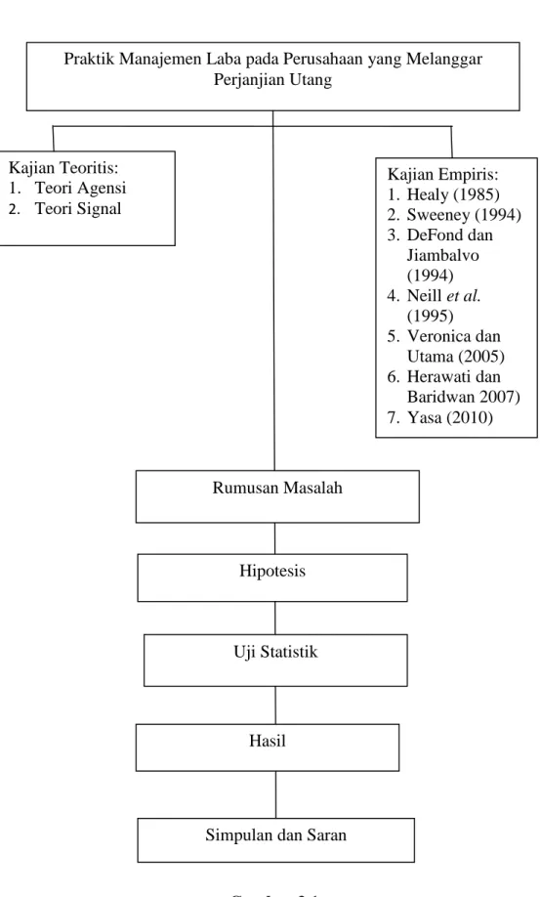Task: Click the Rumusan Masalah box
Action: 277,496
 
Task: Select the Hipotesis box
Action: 272,577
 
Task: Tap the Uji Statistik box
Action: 275,661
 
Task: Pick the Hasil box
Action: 268,747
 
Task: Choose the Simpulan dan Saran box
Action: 276,839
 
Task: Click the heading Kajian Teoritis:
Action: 63,168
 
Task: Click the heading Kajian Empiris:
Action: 443,174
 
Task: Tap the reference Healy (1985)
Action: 453,194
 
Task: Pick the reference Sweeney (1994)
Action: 464,215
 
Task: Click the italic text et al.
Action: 464,295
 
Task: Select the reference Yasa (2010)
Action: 450,417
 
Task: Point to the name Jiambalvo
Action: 443,255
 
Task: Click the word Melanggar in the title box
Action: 444,60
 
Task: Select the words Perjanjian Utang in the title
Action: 272,79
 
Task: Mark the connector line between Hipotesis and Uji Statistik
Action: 274,618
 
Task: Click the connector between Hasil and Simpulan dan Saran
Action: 276,794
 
